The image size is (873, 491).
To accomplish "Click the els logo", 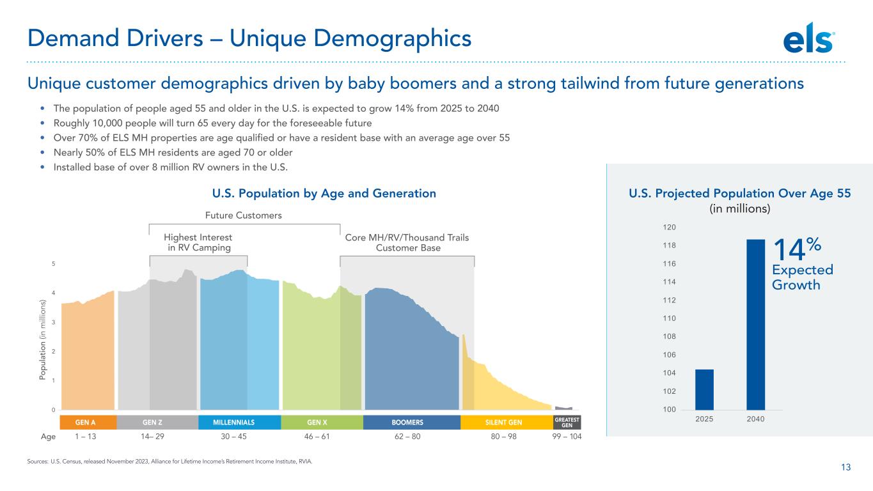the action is click(x=808, y=38).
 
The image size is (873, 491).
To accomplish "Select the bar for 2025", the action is click(x=704, y=389).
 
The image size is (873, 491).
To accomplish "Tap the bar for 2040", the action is click(x=756, y=324).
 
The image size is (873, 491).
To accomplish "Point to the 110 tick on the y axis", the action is click(x=669, y=318).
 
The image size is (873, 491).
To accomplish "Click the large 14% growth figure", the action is click(x=797, y=249).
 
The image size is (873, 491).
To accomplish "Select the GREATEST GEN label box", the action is click(x=567, y=423).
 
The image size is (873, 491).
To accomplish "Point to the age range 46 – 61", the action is click(x=317, y=437).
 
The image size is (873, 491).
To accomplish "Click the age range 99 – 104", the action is click(x=567, y=437).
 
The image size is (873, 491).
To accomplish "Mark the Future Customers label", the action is click(x=243, y=215).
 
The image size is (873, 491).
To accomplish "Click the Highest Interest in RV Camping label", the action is click(x=198, y=242).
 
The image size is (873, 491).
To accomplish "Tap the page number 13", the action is click(x=845, y=467).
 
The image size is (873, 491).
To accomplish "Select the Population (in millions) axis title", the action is click(x=42, y=339).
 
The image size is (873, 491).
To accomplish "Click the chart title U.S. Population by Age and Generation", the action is click(x=324, y=193).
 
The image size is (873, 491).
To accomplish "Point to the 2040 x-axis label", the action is click(x=755, y=419).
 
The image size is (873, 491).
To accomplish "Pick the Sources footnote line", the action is click(x=169, y=462).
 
